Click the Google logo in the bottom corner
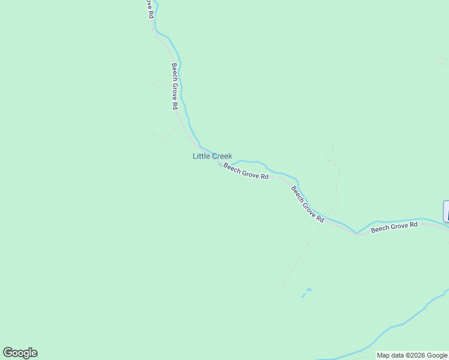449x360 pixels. coord(20,353)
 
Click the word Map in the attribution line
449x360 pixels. coord(384,356)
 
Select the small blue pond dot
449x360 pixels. coord(309,290)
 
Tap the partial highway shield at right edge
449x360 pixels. coord(446,211)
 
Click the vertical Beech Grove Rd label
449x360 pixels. coord(175,86)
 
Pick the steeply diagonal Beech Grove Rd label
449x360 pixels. coord(308,205)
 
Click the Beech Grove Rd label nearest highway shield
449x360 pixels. coord(394,227)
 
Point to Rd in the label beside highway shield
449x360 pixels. coord(413,224)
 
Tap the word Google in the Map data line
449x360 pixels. coord(437,356)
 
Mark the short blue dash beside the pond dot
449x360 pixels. coord(303,296)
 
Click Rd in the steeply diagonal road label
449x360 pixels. coord(320,219)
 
